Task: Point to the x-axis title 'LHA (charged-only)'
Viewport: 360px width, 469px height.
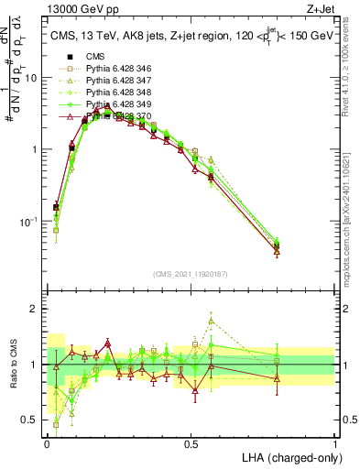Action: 290,456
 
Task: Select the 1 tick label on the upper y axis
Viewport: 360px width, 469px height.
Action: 34,149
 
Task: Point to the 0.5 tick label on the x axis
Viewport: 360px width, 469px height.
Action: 190,443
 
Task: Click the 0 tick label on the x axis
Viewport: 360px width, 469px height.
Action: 46,443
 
